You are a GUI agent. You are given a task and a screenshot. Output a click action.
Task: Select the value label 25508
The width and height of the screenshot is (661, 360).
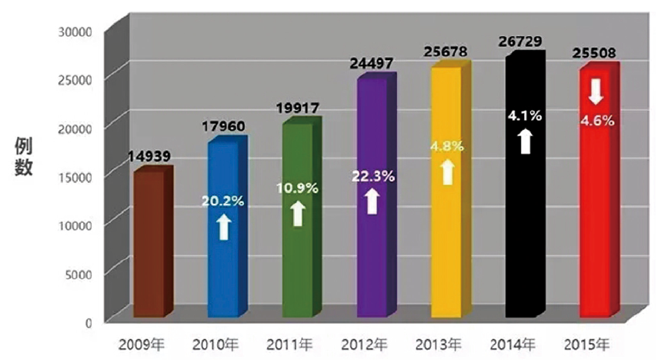(x=597, y=54)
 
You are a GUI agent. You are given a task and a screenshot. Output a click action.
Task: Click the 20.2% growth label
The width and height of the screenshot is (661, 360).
(x=223, y=202)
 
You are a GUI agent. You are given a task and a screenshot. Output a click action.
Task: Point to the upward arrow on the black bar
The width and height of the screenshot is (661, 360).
(x=524, y=142)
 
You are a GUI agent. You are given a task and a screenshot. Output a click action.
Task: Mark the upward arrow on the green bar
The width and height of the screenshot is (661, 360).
(x=298, y=213)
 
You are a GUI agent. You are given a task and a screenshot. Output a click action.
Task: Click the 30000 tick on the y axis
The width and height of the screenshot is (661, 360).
(x=75, y=31)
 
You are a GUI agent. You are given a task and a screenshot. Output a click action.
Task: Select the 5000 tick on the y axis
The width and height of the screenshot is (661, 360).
(x=78, y=273)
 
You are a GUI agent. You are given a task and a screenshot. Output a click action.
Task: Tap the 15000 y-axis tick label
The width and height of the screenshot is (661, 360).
(x=75, y=176)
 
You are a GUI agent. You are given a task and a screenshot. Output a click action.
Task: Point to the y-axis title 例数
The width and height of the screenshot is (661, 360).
(x=23, y=158)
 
